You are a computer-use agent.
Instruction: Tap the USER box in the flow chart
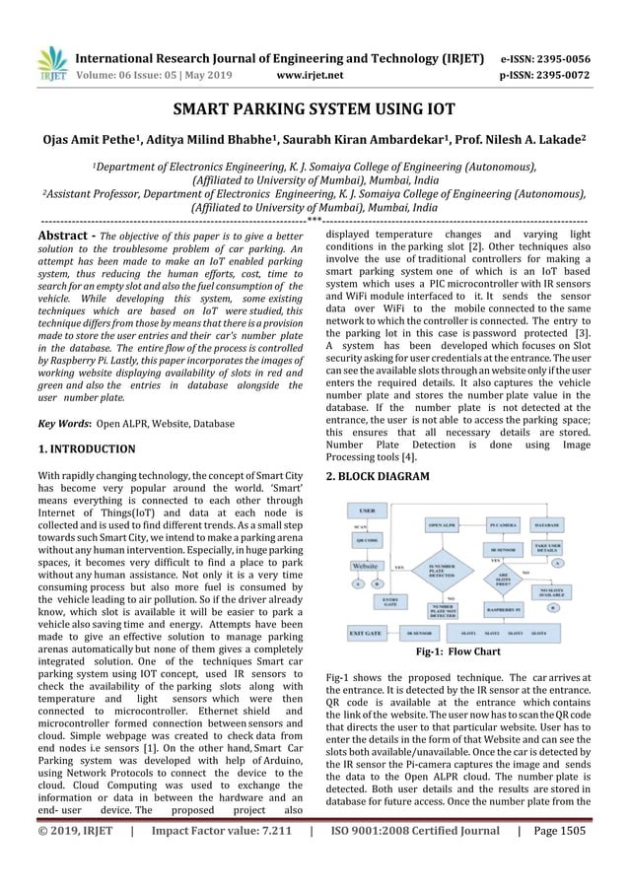(366, 513)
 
